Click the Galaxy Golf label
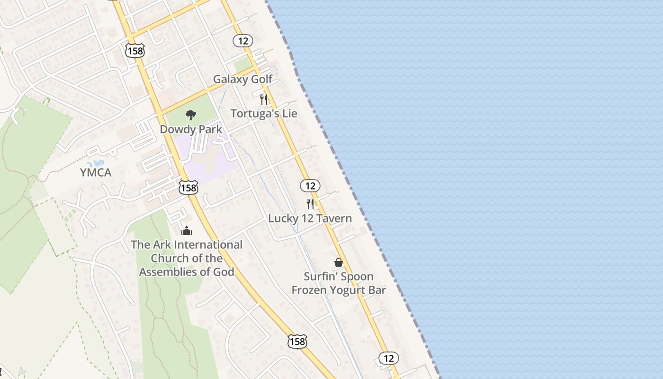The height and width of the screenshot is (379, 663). click(242, 79)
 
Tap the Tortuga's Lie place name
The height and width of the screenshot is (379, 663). click(264, 114)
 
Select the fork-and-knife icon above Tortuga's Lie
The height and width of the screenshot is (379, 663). click(264, 99)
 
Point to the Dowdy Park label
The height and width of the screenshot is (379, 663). click(191, 129)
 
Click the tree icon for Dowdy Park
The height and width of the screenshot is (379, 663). click(190, 114)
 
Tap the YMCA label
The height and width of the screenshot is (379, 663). click(96, 172)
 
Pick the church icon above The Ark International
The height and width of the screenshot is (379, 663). click(187, 231)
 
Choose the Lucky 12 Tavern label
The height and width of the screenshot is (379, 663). click(310, 218)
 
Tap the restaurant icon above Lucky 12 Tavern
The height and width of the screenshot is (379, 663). click(310, 204)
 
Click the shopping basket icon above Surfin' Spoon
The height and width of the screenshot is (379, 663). click(339, 262)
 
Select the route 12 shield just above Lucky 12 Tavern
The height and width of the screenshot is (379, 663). click(310, 186)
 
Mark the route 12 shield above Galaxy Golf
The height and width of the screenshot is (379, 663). click(243, 41)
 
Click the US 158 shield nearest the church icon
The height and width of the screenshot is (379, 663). click(188, 188)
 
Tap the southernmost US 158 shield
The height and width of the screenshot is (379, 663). click(297, 341)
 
